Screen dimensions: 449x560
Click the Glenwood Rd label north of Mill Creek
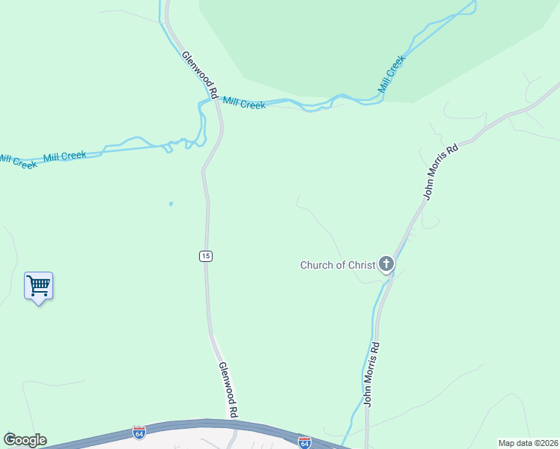pyautogui.click(x=199, y=75)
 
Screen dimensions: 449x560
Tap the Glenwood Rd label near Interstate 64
pyautogui.click(x=228, y=390)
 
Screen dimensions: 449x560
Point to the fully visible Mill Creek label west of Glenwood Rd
pyautogui.click(x=64, y=156)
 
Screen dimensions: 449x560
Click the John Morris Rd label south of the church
pyautogui.click(x=372, y=374)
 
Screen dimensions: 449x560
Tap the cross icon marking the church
pyautogui.click(x=386, y=263)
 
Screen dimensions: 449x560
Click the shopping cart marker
pyautogui.click(x=38, y=285)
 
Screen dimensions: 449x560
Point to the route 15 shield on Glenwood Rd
pyautogui.click(x=206, y=256)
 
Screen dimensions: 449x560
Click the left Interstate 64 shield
pyautogui.click(x=139, y=433)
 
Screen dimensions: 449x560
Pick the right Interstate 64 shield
pyautogui.click(x=304, y=442)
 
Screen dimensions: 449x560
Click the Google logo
pyautogui.click(x=25, y=440)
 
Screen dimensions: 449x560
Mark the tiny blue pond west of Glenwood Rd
pyautogui.click(x=171, y=203)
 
